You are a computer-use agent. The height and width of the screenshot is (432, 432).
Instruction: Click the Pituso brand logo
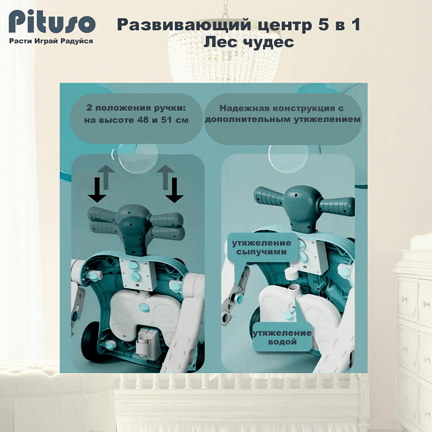tap(52, 22)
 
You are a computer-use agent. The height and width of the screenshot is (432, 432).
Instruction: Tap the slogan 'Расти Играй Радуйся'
tap(51, 41)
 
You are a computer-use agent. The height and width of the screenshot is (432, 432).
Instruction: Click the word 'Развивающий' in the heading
tap(184, 25)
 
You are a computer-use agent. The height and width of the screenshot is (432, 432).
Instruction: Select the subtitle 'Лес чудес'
tap(249, 42)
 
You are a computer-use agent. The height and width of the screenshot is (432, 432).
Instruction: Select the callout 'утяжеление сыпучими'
tap(262, 247)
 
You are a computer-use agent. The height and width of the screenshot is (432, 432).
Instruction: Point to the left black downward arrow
tap(97, 190)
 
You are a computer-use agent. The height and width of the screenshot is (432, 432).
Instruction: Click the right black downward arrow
tap(174, 191)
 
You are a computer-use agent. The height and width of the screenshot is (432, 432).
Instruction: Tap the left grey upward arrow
tap(106, 177)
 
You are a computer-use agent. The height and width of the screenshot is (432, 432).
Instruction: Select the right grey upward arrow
tap(165, 177)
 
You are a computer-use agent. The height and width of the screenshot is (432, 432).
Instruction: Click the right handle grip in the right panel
tap(337, 207)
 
